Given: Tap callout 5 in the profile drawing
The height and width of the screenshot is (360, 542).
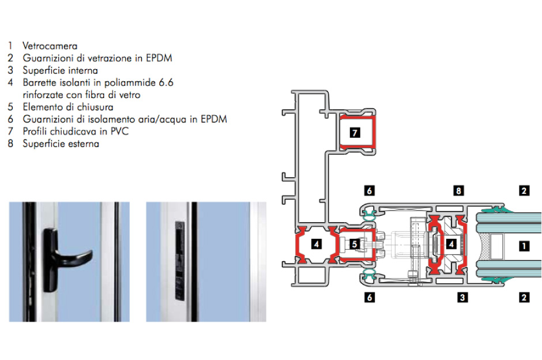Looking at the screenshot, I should [x=355, y=245].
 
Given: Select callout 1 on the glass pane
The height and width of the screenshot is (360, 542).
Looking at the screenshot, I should [x=524, y=245].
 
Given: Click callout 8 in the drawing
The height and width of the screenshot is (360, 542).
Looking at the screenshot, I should [x=458, y=190].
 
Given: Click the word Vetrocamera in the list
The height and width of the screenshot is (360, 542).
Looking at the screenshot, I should [x=50, y=46].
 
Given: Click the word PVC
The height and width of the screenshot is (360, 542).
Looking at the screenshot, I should [x=120, y=132].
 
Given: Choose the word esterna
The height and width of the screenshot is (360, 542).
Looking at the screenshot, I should [x=82, y=144].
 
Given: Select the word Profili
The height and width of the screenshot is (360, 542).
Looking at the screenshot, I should [x=36, y=132].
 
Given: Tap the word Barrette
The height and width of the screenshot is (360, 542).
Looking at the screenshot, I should [x=40, y=82].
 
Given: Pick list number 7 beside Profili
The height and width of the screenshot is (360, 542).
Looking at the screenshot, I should [x=10, y=132].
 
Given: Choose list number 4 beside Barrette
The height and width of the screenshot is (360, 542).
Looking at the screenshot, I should [x=10, y=82].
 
